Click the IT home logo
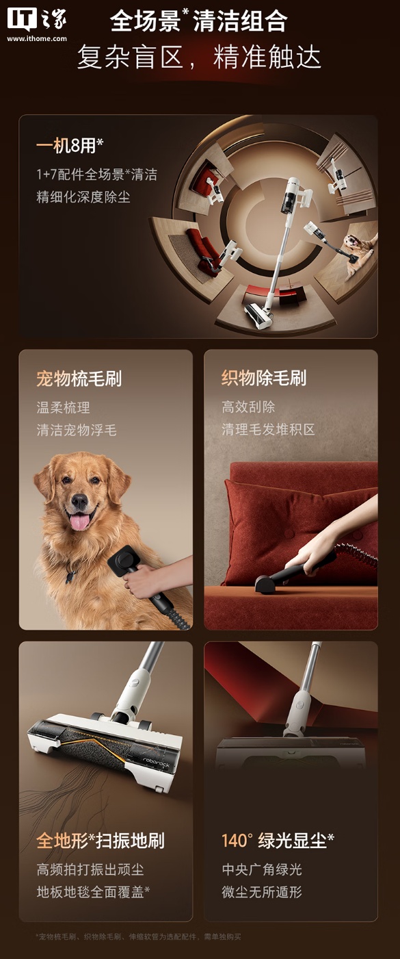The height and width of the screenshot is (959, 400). (x=37, y=19)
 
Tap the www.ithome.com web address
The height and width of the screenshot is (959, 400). (x=37, y=38)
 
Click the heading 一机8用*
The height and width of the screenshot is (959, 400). (x=70, y=146)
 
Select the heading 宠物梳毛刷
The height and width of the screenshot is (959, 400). (x=79, y=379)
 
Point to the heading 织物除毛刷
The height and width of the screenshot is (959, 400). (x=264, y=378)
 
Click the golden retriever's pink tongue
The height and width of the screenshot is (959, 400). (x=80, y=522)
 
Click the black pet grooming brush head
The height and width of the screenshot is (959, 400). (x=123, y=561)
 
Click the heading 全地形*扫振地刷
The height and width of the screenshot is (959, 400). (x=101, y=841)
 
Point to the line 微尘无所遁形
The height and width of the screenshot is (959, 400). (x=262, y=892)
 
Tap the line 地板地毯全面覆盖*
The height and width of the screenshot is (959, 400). (x=93, y=892)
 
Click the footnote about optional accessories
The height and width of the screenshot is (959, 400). (x=138, y=937)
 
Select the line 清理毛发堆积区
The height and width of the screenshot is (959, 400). (x=268, y=429)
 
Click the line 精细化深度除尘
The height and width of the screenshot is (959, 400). (x=83, y=197)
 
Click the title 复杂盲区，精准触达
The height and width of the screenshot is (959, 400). (x=199, y=57)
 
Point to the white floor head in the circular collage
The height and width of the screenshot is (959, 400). (x=258, y=316)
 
